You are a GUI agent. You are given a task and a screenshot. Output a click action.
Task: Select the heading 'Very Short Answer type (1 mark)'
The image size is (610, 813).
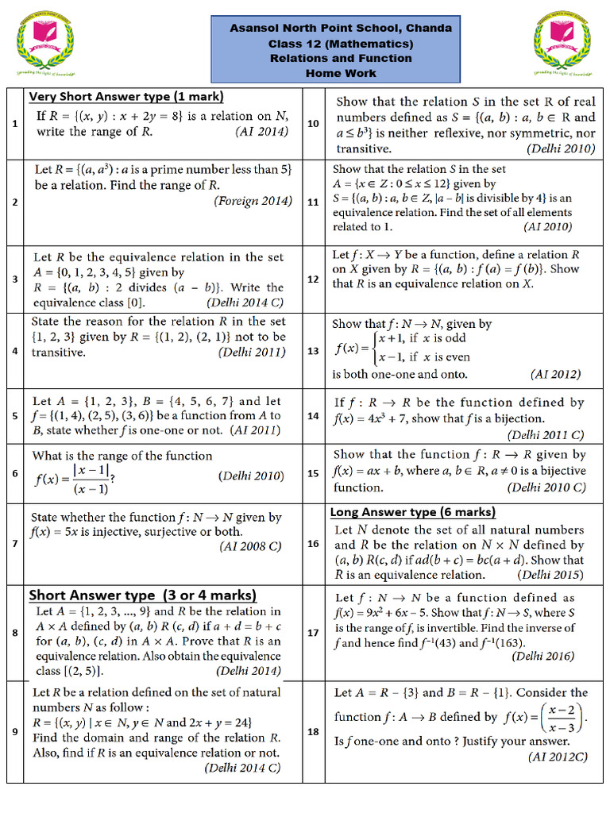pos(126,97)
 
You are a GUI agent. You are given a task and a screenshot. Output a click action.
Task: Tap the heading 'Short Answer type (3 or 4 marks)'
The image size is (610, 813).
pos(143,595)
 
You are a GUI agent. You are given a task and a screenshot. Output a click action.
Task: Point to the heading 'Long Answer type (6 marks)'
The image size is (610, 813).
pos(413,512)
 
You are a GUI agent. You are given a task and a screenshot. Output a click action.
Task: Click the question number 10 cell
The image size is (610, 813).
pos(313,124)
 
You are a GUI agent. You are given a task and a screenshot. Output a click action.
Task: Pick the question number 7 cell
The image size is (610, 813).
pos(15,544)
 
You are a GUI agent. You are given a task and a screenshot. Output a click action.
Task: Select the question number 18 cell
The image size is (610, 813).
pos(313,731)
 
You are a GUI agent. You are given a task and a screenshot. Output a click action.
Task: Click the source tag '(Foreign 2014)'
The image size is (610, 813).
pos(253,201)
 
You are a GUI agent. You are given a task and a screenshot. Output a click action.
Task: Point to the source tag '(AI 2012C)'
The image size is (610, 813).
pos(558,757)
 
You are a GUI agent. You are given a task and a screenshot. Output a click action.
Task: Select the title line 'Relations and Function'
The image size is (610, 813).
pos(341,58)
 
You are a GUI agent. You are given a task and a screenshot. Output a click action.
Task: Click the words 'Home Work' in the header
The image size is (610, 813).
pos(341,73)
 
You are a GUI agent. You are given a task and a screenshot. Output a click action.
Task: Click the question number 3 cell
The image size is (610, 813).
pos(15,279)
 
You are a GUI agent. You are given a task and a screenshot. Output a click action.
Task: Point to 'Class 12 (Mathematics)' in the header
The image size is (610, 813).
pos(341,44)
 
